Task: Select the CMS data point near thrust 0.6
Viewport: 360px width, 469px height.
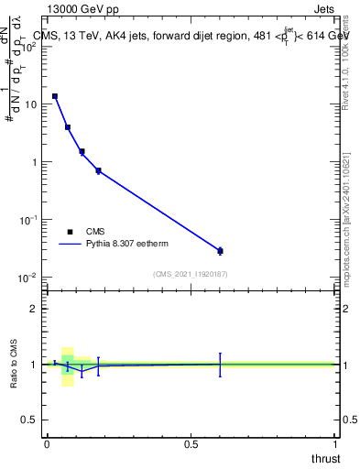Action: tap(220, 250)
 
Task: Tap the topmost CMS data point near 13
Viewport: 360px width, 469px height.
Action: tap(55, 96)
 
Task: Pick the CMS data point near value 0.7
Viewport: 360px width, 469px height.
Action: tap(98, 170)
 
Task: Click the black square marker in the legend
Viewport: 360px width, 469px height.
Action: tap(70, 232)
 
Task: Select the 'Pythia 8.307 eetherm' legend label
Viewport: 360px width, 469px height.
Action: tap(129, 245)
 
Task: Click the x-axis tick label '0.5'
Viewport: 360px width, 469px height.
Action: tap(191, 444)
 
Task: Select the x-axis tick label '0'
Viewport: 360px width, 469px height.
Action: tap(47, 444)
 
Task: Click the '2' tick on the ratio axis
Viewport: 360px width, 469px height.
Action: tap(33, 309)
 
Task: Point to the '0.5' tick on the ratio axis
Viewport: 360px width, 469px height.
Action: tap(29, 420)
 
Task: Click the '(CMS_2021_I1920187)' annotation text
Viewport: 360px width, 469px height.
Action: tap(190, 274)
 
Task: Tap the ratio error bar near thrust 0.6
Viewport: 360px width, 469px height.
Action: tap(220, 364)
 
